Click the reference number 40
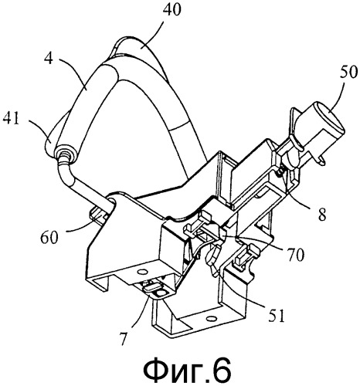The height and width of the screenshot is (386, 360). coord(172,10)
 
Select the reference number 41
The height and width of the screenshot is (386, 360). coord(11,118)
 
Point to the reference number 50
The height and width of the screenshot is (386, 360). coord(348,72)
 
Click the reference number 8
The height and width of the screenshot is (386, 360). coord(321,213)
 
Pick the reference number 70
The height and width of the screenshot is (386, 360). coord(294,254)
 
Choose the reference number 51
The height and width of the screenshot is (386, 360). coord(276,315)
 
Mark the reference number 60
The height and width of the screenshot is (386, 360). coord(49,237)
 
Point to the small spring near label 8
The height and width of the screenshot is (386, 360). coord(280,173)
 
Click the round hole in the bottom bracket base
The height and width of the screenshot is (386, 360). coord(210,319)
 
